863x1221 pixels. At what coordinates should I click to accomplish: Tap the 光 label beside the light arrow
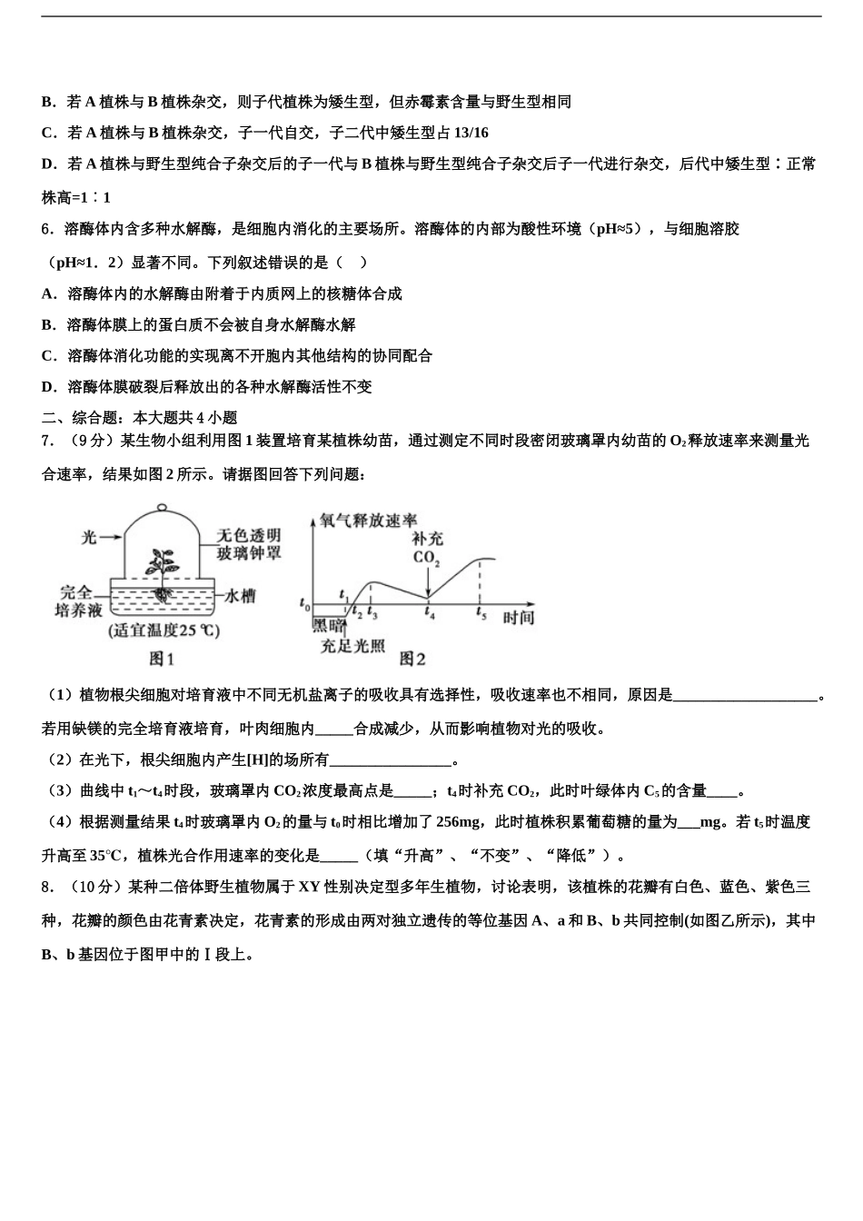[x=89, y=537]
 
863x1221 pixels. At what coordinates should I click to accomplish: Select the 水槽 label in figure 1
[x=239, y=596]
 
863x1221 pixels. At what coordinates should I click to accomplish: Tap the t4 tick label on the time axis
[x=430, y=614]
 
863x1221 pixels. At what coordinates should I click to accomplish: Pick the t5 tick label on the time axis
[x=481, y=614]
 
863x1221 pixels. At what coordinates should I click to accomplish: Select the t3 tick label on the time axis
[x=372, y=614]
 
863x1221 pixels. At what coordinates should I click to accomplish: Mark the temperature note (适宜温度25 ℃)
[x=164, y=630]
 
